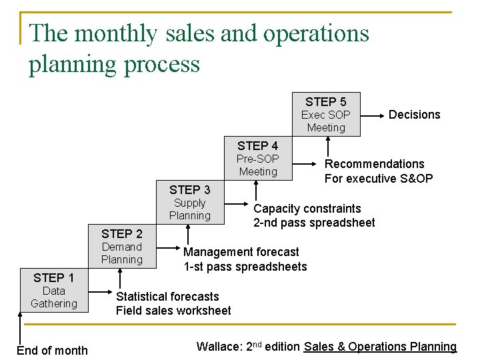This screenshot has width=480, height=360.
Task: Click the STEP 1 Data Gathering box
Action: click(54, 291)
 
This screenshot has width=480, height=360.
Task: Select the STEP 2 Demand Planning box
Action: click(122, 247)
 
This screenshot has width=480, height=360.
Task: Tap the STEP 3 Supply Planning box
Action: click(189, 203)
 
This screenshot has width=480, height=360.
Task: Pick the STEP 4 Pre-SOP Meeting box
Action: click(258, 159)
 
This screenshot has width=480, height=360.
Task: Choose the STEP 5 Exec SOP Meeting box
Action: click(326, 114)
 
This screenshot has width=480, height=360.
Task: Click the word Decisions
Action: click(414, 115)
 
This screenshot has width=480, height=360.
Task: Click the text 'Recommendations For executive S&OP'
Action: click(378, 171)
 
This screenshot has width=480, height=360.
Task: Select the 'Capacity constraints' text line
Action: click(307, 209)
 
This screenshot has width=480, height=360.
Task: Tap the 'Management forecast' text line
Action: click(241, 252)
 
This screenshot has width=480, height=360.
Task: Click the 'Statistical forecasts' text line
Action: click(167, 297)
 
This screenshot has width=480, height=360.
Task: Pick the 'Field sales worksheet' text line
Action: click(173, 311)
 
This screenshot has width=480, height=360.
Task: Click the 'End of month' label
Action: click(52, 350)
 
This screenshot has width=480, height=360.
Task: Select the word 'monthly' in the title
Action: click(121, 33)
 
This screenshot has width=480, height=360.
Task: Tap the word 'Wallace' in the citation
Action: click(219, 347)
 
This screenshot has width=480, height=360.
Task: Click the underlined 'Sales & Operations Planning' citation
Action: click(380, 347)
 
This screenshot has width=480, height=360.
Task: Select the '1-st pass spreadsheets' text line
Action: click(245, 267)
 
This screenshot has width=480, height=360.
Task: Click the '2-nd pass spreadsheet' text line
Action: click(313, 223)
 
